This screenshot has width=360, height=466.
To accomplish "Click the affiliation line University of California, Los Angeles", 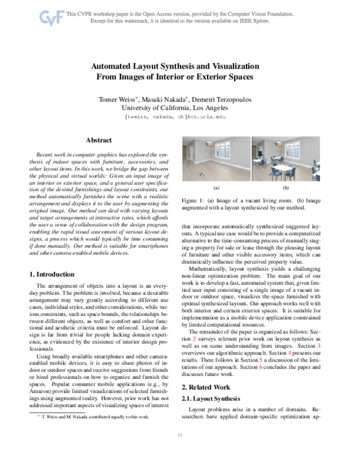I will (180, 107).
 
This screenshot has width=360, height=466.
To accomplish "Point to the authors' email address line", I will (180, 118).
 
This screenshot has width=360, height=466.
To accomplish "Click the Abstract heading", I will (99, 140).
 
